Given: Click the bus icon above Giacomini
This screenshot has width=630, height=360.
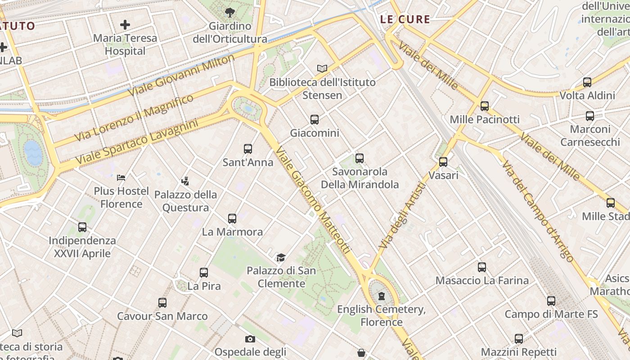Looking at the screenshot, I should pos(315,120).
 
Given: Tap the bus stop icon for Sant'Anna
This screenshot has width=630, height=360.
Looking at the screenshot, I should pos(247,149).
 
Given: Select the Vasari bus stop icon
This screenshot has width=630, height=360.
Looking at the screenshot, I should pos(443,162).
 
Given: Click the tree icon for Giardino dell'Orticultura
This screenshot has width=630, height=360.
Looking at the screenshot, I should pos(229,12).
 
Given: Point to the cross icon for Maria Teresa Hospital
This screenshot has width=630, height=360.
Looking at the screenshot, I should pos(125,25).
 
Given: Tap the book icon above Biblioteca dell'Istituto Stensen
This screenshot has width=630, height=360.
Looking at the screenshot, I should pos(322,68).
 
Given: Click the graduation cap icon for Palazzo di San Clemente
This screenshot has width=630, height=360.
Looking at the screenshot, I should pos(281,257).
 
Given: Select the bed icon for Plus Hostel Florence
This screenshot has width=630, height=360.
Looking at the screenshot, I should pos(121,178).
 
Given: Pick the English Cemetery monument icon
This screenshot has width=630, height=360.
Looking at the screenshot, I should pos(382,296).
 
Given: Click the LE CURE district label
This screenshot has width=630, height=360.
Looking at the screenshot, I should pos(405,19).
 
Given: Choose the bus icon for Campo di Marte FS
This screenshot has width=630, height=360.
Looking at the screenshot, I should pos(551,301).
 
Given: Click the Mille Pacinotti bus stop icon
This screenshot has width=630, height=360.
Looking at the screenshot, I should pos(485,106).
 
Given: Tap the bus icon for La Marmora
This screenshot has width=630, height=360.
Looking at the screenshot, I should pos(232,219).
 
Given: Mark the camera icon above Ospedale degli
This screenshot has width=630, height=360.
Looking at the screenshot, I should pos(250,339).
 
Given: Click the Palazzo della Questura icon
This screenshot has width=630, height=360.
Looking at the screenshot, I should pos(185,181).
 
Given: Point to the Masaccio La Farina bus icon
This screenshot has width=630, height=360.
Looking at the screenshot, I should pos(482,267).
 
